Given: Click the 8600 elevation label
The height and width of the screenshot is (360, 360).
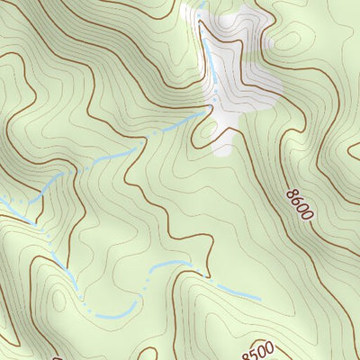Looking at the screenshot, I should (299, 204).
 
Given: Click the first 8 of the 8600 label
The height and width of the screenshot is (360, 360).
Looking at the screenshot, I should (292, 193).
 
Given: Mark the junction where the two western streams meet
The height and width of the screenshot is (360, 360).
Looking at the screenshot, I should (33, 219).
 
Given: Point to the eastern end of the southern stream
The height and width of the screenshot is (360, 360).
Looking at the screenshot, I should (261, 298).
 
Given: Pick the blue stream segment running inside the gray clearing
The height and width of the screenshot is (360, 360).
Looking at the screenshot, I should (212, 67).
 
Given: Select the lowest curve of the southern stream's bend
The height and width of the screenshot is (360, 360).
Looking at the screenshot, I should (108, 317).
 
